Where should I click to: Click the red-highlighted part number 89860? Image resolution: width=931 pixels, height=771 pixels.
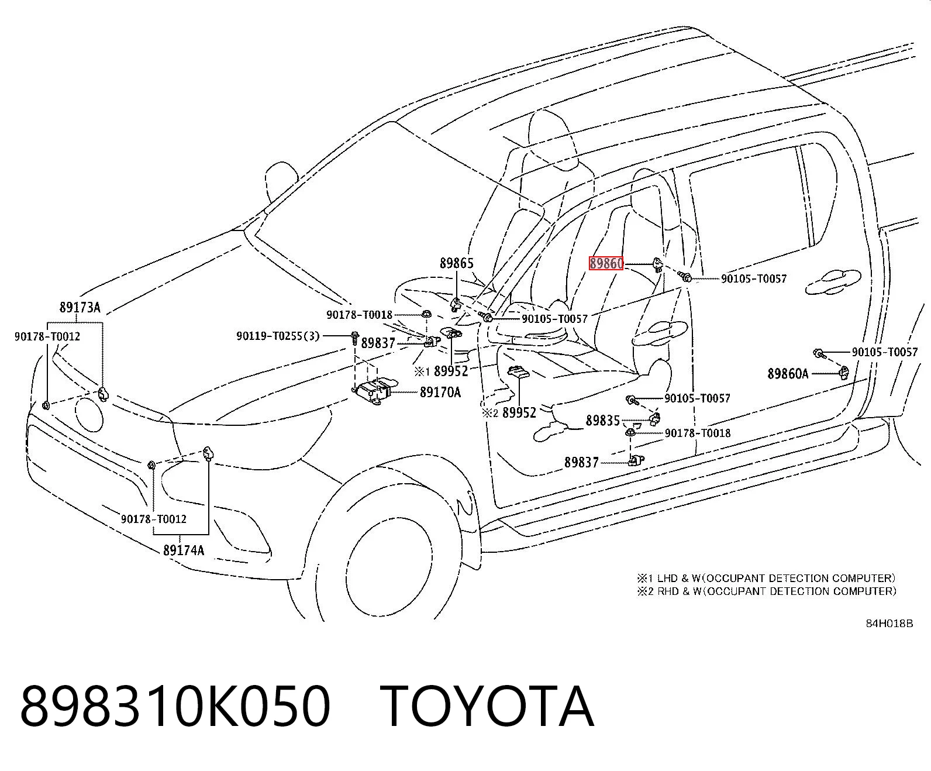tap(606, 264)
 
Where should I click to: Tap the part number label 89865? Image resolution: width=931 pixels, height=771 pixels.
tap(457, 263)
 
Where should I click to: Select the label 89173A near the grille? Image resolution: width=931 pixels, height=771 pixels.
tap(80, 308)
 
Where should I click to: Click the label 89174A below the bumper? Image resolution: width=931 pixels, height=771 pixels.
tap(184, 550)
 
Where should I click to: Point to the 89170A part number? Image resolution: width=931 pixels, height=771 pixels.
tap(440, 392)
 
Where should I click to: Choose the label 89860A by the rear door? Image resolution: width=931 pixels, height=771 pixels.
tap(788, 373)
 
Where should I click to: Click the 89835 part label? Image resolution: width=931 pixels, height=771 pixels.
tap(603, 420)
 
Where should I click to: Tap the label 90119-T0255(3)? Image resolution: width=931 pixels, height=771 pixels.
tap(278, 336)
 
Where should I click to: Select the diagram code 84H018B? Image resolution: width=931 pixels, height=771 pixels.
tap(889, 624)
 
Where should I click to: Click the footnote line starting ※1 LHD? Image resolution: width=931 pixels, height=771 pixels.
tap(767, 578)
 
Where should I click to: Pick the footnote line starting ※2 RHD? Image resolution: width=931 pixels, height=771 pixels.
tap(767, 591)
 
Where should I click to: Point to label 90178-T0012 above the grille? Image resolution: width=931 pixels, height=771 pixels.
tap(47, 336)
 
